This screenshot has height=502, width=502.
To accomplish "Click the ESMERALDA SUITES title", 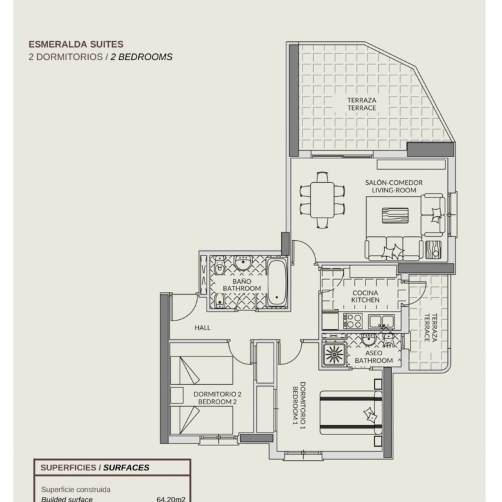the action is [x=76, y=44].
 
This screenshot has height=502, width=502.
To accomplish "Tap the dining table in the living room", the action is [x=322, y=200].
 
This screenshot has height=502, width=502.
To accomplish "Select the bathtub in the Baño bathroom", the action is [x=277, y=283].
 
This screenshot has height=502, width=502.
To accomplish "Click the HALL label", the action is [x=202, y=328].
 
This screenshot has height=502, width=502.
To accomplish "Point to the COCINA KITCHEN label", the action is [x=366, y=297].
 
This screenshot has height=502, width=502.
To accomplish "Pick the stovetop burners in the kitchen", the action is [x=353, y=321].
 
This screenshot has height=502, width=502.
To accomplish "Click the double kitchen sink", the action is [x=381, y=321].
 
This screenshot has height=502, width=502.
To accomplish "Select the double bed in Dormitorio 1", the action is [x=351, y=413].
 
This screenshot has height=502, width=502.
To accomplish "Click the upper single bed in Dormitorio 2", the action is [x=201, y=370].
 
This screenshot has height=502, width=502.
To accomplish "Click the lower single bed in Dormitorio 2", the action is [x=201, y=420].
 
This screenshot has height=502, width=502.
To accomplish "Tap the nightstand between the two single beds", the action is [x=177, y=395].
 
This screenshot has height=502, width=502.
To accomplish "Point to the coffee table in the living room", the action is [x=395, y=216].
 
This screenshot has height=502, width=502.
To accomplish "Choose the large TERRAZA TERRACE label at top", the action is [x=362, y=104].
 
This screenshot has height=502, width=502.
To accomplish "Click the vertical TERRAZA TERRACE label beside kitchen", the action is [x=431, y=328].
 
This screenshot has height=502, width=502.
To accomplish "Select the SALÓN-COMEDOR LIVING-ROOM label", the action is [x=394, y=187].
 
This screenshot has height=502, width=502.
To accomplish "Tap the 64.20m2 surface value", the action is [x=171, y=499].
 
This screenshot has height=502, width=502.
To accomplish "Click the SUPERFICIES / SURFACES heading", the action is [x=95, y=467].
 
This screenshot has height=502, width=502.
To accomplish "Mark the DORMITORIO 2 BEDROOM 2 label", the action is [x=218, y=398].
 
